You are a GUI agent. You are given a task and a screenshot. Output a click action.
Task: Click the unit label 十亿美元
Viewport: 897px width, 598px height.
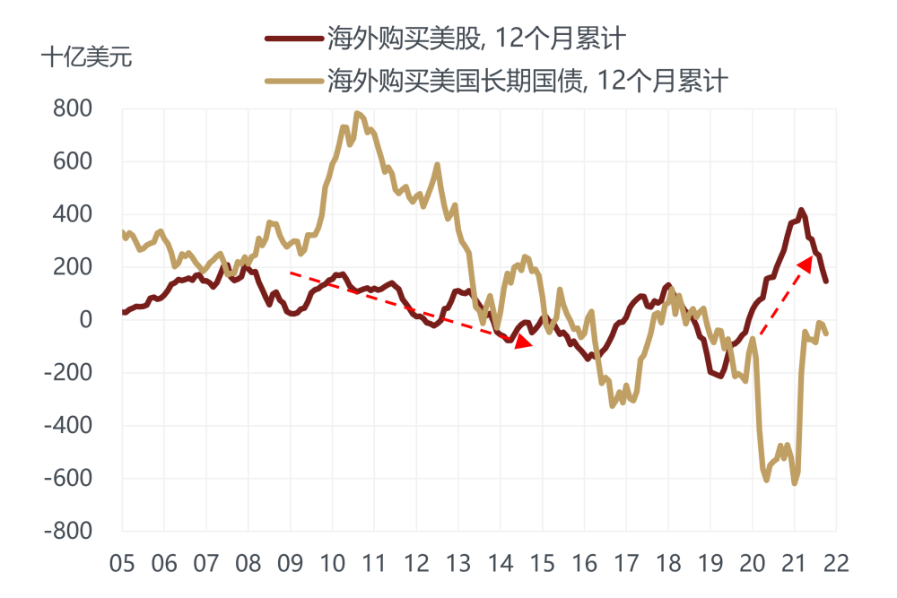86,58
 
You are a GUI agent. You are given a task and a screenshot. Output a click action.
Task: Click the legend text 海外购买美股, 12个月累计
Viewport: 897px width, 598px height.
475,39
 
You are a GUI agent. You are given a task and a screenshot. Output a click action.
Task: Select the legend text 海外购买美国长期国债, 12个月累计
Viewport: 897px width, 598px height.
527,82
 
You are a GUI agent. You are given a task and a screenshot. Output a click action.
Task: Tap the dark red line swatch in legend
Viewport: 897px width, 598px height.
293,39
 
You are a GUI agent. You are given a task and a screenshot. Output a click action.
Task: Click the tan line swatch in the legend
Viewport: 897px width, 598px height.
293,82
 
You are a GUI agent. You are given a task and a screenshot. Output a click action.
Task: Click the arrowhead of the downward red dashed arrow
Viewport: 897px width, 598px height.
523,344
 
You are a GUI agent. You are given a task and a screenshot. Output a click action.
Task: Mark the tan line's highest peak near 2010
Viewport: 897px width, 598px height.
357,113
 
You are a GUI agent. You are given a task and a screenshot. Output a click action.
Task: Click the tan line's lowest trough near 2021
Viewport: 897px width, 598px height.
795,483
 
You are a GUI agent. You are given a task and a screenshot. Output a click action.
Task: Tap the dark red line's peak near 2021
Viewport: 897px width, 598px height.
802,211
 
